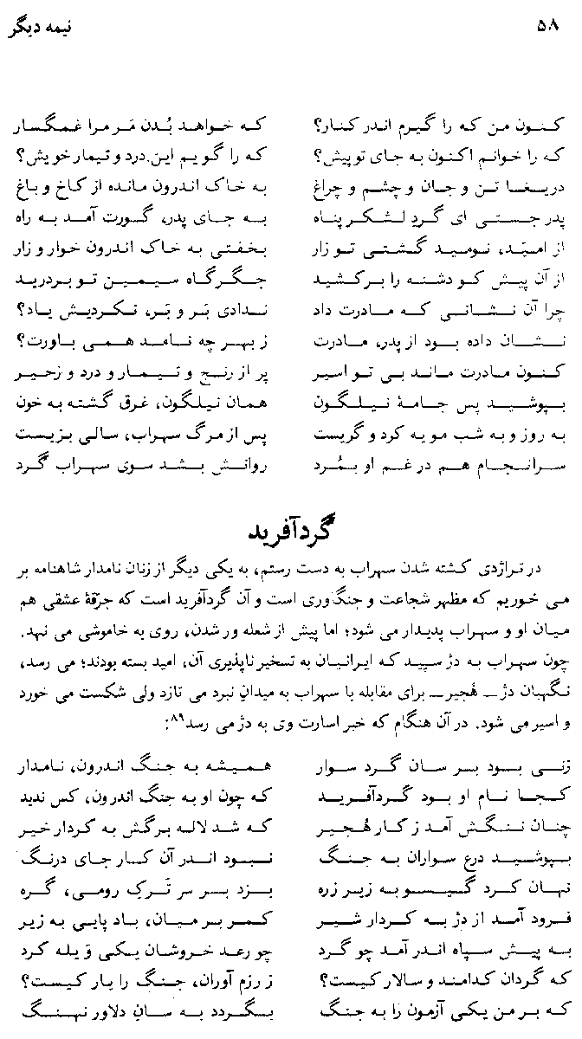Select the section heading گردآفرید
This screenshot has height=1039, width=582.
[289, 531]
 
